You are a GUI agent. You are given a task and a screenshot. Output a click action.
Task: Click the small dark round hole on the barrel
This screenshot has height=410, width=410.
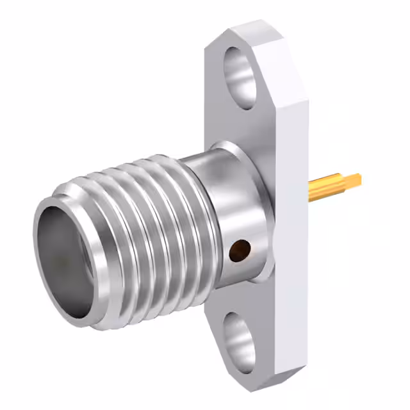click(x=240, y=249)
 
